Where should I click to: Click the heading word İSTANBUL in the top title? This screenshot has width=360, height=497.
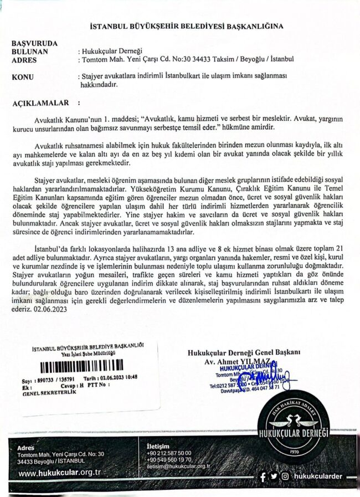point(106,26)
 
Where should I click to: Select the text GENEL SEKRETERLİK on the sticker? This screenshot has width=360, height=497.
point(49,392)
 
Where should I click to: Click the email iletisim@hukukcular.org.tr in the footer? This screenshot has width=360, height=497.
point(179,466)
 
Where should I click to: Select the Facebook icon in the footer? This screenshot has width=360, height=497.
point(263,476)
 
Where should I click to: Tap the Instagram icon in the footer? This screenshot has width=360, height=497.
point(284,476)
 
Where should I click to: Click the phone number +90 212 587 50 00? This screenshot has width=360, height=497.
point(170,453)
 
